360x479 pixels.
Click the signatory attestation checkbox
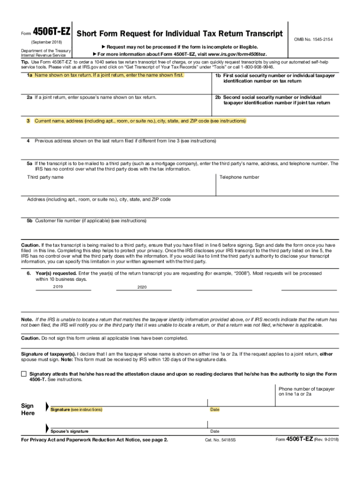pyautogui.click(x=24, y=374)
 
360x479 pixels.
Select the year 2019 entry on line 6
pyautogui.click(x=58, y=286)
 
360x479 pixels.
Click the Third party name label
pyautogui.click(x=45, y=177)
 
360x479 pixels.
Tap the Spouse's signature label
pyautogui.click(x=70, y=431)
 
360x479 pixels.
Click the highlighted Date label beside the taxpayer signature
pyautogui.click(x=215, y=410)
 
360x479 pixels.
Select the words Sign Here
pyautogui.click(x=28, y=409)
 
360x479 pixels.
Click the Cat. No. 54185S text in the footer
pyautogui.click(x=221, y=441)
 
